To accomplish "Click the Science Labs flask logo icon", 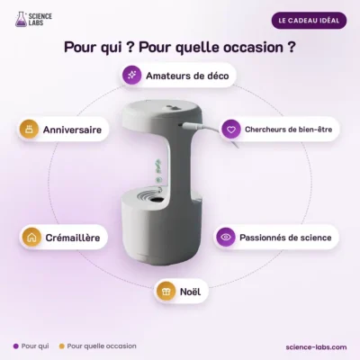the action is [x=21, y=19].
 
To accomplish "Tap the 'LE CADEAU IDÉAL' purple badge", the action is [x=309, y=21].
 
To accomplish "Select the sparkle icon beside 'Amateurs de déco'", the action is [x=132, y=75].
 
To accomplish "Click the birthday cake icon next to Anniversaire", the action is [x=29, y=130].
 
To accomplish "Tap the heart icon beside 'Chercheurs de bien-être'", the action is [x=231, y=130].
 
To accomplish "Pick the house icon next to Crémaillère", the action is [x=31, y=238].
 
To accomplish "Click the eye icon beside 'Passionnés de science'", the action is [x=226, y=237].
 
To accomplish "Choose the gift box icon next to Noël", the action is [x=166, y=292].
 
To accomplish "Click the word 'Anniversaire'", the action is [x=72, y=130].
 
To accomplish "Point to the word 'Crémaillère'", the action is [x=73, y=238].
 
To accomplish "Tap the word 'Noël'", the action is [x=190, y=292].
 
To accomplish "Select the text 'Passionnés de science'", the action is [x=285, y=238].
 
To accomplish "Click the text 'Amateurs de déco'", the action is [x=187, y=76].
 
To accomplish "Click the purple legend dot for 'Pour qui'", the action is [x=16, y=346].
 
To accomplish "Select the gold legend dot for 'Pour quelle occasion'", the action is [x=62, y=346].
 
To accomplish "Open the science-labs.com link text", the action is [x=316, y=347].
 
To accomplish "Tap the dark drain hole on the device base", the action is [x=157, y=199].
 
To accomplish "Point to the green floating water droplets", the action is [x=158, y=171].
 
